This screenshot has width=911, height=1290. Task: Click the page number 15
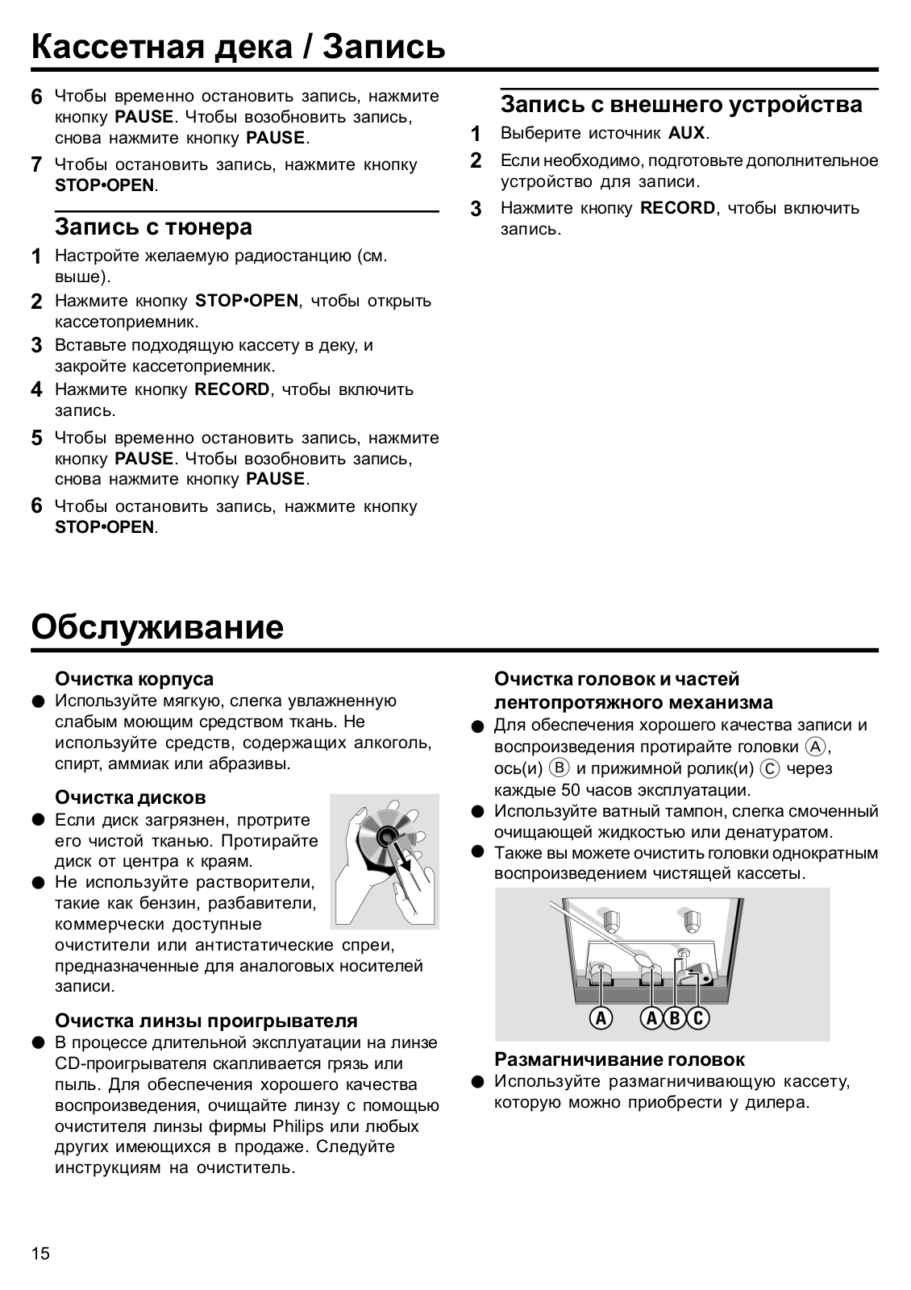(40, 1254)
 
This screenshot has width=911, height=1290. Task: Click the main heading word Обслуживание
(157, 626)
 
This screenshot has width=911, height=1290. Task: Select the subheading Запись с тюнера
(153, 227)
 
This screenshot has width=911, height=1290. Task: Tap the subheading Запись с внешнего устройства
(681, 105)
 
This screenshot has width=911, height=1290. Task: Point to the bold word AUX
(686, 133)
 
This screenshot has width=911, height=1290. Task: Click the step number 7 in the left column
(36, 165)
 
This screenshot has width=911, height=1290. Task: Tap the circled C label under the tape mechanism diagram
(698, 1018)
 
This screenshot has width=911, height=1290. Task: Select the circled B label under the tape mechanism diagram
(675, 1018)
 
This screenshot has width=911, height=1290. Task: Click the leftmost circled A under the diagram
(601, 1018)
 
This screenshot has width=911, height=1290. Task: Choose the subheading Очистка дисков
(131, 797)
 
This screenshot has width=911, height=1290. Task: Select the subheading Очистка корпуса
(134, 679)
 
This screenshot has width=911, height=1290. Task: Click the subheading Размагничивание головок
(619, 1059)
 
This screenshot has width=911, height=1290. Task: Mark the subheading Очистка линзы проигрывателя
(206, 1021)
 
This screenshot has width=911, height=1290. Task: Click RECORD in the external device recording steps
(677, 208)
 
